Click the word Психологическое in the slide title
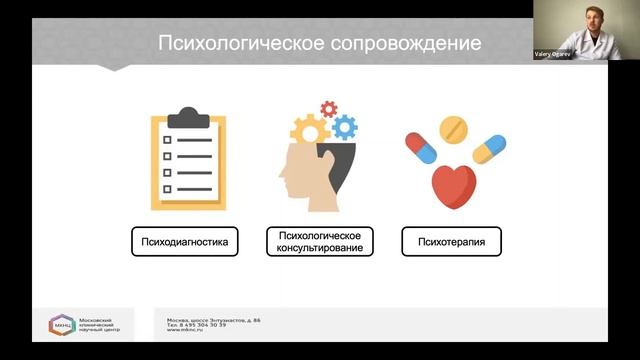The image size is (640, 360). tap(236, 45)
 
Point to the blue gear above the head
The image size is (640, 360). tap(344, 126)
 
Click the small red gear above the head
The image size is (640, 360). tap(328, 108)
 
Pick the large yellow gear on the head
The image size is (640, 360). tap(311, 129)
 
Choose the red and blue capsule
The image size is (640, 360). tap(421, 147)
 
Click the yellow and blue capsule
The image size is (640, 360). tap(489, 149)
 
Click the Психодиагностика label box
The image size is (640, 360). tap(185, 241)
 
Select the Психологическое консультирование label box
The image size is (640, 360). tap(320, 241)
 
